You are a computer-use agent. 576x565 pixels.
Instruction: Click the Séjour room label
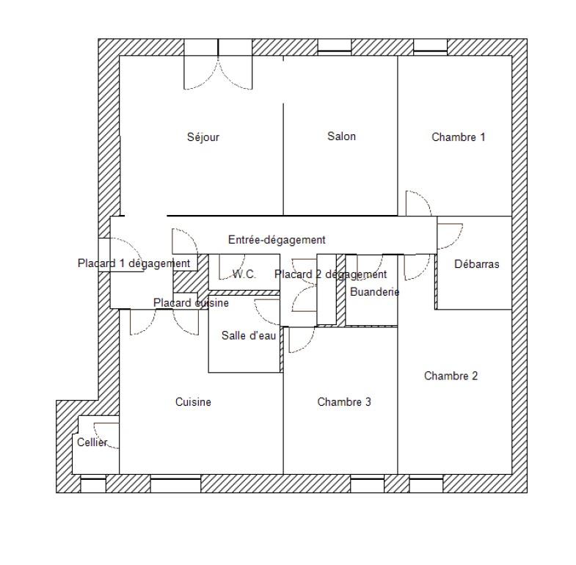[x=203, y=137]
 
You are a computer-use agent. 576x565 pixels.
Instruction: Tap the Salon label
[x=342, y=136]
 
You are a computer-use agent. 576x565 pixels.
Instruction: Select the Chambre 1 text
[x=459, y=137]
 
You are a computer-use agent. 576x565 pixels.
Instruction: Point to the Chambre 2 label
[x=451, y=376]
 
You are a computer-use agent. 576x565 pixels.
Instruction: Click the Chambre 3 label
[x=344, y=402]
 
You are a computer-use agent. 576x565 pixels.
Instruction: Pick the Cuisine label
[x=193, y=402]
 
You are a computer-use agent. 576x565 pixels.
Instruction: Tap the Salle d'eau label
[x=249, y=335]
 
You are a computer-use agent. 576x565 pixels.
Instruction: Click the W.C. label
[x=244, y=274]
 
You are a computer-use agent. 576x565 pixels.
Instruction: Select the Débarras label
[x=477, y=263]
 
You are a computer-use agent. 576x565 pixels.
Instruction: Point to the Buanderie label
[x=375, y=292]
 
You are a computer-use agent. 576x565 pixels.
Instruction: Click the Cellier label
[x=92, y=442]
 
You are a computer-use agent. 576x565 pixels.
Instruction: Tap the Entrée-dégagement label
[x=277, y=240]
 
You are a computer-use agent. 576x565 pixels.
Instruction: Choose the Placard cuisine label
[x=191, y=303]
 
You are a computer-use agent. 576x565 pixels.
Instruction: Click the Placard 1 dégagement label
[x=134, y=263]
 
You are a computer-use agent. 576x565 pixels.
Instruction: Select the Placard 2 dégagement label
[x=331, y=274]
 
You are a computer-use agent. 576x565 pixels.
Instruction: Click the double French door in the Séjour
[x=218, y=73]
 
